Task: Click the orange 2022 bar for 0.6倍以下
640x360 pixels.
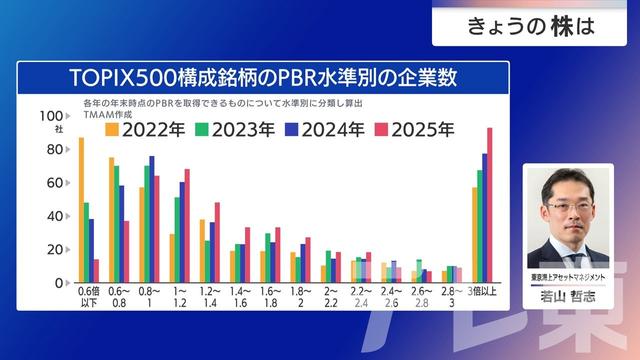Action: pyautogui.click(x=80, y=210)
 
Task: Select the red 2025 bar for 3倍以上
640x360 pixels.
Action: pyautogui.click(x=489, y=206)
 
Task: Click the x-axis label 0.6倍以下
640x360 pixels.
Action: pyautogui.click(x=88, y=296)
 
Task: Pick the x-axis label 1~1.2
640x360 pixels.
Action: pyautogui.click(x=179, y=296)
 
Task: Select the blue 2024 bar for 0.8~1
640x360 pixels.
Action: pyautogui.click(x=151, y=220)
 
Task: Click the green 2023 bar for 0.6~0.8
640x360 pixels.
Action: pyautogui.click(x=116, y=224)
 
